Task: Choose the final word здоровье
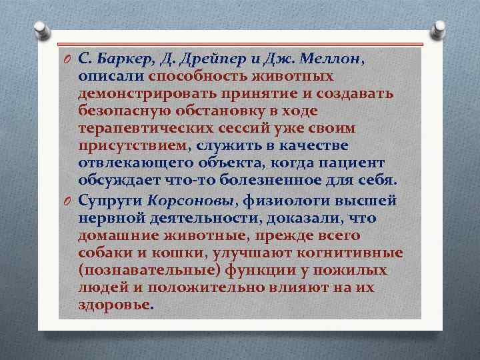(x=114, y=305)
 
